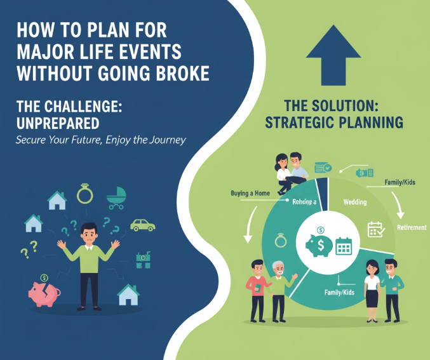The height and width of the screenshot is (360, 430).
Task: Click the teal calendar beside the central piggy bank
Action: point(344,245)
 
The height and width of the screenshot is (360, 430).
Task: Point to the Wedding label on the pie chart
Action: point(355,201)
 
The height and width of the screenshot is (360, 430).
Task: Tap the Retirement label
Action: point(412,227)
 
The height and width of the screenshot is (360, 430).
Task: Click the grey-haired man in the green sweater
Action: point(278,289)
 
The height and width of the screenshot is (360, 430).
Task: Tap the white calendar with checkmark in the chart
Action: point(375,229)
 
